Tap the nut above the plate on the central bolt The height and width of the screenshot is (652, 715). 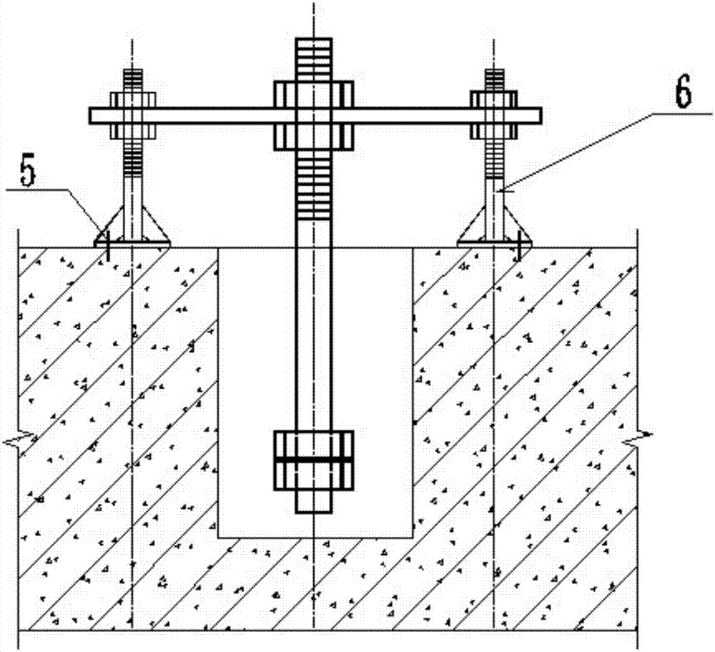[x=314, y=94]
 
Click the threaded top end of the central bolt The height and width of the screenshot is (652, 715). [x=314, y=58]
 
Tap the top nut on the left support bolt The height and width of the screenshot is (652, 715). [x=132, y=99]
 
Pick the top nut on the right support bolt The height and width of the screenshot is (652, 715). [x=493, y=99]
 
